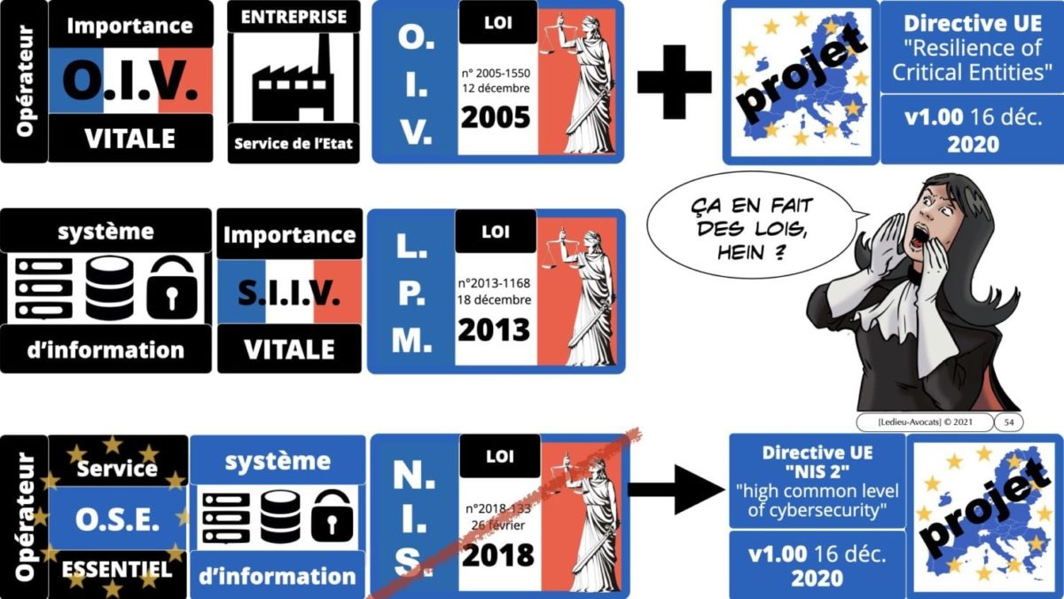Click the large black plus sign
click(x=674, y=82)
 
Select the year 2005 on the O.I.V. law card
click(x=496, y=117)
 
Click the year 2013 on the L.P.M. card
click(x=494, y=330)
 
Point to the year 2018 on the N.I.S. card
click(x=497, y=555)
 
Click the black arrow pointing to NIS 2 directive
click(x=677, y=490)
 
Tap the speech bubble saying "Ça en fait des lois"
click(x=755, y=225)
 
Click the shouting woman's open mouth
click(x=920, y=236)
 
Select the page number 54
click(x=1009, y=422)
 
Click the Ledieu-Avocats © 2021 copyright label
click(x=925, y=422)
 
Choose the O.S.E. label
click(x=117, y=520)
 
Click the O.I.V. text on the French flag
click(x=130, y=80)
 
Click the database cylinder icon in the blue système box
click(x=280, y=517)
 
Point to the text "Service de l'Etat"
click(x=293, y=144)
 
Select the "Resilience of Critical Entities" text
click(x=972, y=60)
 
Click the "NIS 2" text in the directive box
click(x=817, y=472)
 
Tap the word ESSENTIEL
click(x=117, y=569)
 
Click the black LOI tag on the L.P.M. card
click(x=496, y=232)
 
